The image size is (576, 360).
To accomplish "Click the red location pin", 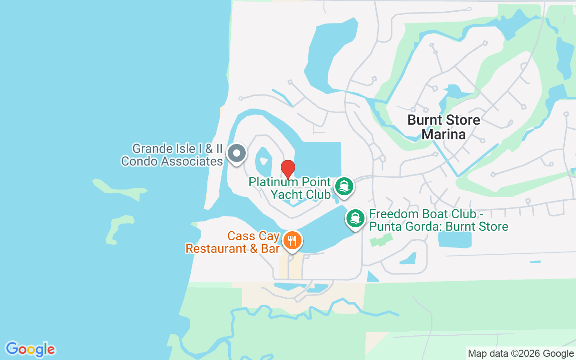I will pos(288,169).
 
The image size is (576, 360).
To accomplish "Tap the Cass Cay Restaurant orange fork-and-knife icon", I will pos(292,240).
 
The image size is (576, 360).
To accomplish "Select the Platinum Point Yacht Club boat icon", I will pos(344,187).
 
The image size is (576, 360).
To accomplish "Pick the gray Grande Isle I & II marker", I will pos(236,154).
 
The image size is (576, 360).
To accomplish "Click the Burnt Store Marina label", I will pos(443,127).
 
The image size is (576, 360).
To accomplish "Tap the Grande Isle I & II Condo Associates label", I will pos(172,155).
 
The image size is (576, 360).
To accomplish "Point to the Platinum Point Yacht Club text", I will pos(290,188).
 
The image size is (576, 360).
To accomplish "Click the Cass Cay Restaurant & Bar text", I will pos(233,243).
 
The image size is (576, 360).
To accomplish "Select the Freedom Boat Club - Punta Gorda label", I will pos(439,220).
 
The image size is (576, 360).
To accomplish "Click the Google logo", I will pos(30,349).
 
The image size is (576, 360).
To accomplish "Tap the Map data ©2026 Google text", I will pos(521,354).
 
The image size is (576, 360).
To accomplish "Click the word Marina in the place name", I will pos(443,134).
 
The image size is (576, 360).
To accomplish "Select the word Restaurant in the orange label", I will pos(214,249).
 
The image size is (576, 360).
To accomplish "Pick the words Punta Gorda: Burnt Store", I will pos(439,226).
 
